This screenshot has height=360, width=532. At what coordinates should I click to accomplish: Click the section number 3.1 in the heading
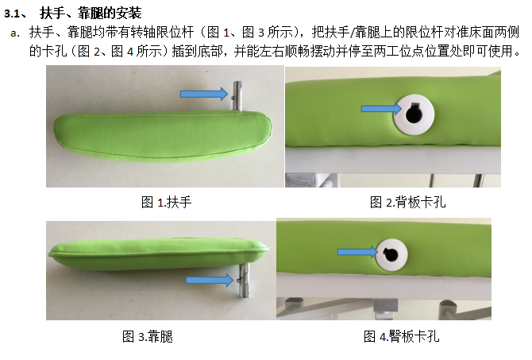tap(13, 14)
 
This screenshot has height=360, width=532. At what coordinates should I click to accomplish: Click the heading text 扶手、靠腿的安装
tap(91, 14)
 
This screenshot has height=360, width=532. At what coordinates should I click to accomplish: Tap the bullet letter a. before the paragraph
tap(15, 33)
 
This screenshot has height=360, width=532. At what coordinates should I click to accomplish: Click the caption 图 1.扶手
tap(166, 203)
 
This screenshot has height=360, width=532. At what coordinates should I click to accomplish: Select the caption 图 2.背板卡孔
tap(408, 203)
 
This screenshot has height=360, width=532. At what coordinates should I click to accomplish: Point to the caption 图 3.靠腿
tap(148, 337)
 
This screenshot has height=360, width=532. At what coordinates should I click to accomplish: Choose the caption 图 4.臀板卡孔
tap(401, 337)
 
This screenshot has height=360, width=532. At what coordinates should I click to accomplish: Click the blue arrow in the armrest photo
tap(203, 94)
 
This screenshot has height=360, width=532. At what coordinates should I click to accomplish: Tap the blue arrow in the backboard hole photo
tap(381, 108)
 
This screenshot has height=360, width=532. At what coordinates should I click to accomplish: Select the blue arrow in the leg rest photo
tap(210, 280)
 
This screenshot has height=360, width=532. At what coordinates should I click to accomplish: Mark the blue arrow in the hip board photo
tap(357, 252)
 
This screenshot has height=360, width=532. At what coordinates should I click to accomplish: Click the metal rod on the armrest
tap(237, 96)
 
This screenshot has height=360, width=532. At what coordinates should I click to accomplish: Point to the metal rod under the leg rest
tap(244, 280)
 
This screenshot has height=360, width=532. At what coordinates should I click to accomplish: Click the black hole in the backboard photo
tap(414, 114)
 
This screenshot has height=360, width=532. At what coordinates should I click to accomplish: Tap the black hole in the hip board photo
tap(391, 255)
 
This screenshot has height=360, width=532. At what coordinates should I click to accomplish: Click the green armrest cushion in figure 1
tap(163, 136)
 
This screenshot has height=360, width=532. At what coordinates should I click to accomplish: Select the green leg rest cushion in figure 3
tap(158, 254)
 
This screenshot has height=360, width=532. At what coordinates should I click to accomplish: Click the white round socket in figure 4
tap(391, 255)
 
